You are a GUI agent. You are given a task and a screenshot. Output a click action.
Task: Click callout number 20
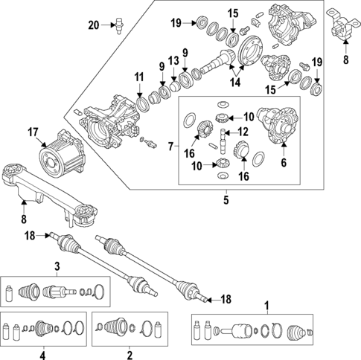pos(94,25)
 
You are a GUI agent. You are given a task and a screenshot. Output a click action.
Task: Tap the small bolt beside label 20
pos(120,26)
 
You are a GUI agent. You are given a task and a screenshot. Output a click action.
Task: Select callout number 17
pos(33,132)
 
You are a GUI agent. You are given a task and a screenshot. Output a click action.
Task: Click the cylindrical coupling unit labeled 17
pos(62,155)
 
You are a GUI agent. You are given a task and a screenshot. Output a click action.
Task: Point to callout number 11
pos(139,77)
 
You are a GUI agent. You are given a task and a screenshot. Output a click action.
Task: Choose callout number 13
pos(173,61)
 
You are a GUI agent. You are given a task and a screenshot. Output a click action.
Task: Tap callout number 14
pos(235,83)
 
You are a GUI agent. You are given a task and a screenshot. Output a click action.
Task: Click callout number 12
pos(243,132)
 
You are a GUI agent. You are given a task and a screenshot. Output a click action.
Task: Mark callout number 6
pos(284,163)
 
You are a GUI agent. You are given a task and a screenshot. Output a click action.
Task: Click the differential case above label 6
pos(278,124)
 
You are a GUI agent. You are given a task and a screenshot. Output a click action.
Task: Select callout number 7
pos(170,147)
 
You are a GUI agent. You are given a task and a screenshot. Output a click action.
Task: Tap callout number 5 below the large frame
pos(226,200)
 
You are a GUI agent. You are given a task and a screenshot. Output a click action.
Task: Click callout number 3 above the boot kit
pos(57,266)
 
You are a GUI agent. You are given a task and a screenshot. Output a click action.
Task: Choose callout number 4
pos(44,355)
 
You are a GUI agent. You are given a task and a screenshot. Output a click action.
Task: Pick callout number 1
pos(267,306)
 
